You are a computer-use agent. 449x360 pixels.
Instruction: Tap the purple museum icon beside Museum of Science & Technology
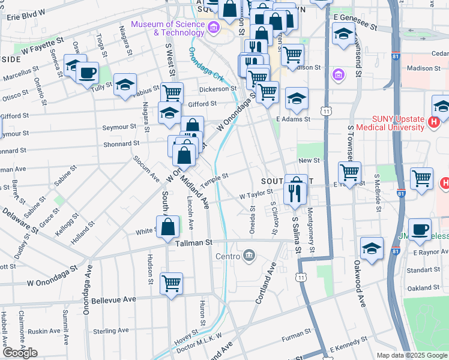tap(212, 28)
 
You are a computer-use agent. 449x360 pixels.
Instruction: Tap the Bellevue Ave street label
tap(113, 299)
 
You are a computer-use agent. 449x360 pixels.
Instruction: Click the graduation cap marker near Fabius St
tap(125, 85)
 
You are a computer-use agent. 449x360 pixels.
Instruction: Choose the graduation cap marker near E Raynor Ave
tap(372, 248)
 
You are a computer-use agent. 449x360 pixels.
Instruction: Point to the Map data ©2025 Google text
tap(412, 355)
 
